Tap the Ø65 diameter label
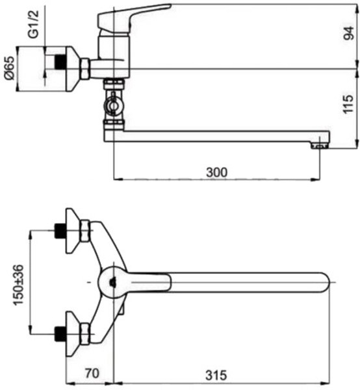[x=9, y=67]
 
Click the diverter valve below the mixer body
[x=114, y=103]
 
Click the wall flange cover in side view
[x=72, y=66]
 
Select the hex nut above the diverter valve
[x=114, y=83]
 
